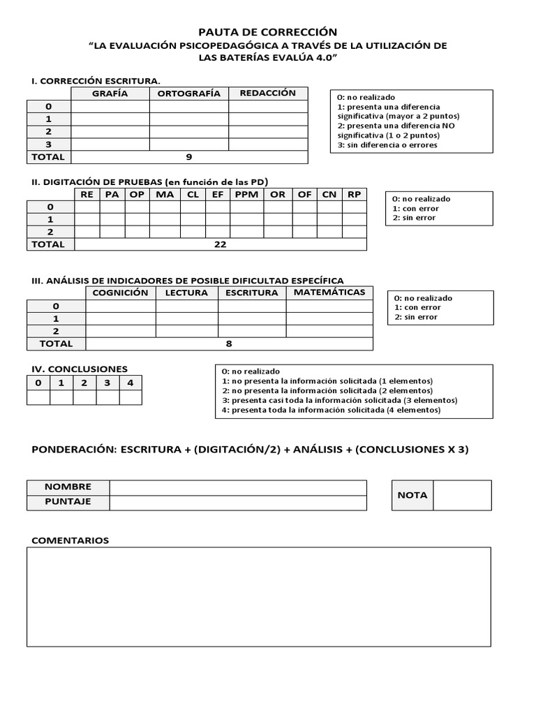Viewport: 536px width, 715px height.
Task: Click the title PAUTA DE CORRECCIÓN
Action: point(268,32)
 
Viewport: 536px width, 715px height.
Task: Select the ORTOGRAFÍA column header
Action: point(188,94)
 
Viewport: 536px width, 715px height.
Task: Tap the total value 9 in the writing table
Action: point(188,157)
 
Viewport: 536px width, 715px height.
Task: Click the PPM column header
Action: point(246,195)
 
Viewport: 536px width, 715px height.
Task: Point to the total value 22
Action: point(221,244)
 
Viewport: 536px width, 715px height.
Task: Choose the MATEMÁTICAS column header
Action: point(329,293)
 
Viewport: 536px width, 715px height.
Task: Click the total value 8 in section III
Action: point(229,344)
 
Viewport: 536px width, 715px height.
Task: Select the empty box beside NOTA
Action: point(462,495)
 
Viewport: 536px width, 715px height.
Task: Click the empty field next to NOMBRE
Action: point(238,487)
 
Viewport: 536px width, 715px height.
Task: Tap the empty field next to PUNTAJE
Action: point(238,503)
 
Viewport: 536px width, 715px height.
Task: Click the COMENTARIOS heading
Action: point(70,540)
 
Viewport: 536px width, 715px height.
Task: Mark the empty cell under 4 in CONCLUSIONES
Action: point(131,397)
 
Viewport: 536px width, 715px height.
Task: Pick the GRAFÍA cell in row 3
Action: point(110,145)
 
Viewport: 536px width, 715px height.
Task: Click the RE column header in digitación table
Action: point(87,195)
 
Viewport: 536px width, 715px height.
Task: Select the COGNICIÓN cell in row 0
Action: point(120,306)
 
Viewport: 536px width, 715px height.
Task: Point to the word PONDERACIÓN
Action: point(73,450)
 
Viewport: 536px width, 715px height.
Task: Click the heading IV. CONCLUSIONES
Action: point(80,369)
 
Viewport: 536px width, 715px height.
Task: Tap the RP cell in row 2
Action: point(354,232)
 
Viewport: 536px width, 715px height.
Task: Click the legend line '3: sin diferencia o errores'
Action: point(387,145)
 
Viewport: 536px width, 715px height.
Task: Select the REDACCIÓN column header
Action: point(268,94)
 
